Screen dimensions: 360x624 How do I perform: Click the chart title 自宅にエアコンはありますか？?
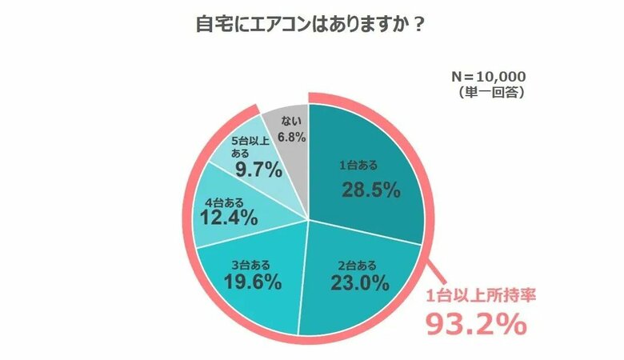[x=311, y=25]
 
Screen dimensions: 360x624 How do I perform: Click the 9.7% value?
[x=258, y=170]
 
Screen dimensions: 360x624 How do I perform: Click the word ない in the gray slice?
[x=290, y=122]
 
